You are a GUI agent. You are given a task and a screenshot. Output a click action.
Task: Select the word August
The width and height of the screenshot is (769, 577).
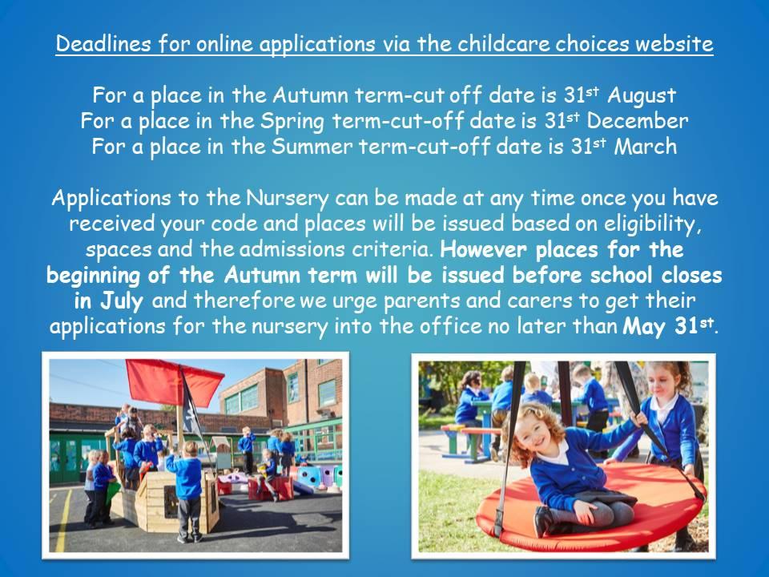tap(642, 95)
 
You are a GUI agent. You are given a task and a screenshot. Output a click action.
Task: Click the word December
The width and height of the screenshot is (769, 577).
tap(637, 121)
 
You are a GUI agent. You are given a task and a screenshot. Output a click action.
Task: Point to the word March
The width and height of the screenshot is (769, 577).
tap(646, 147)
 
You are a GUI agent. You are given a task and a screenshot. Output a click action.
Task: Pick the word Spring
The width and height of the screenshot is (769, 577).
tap(292, 122)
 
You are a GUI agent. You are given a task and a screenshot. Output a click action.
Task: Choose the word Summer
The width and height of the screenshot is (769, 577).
tap(312, 147)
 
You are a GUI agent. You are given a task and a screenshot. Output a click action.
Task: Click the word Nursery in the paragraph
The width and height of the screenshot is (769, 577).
tap(288, 199)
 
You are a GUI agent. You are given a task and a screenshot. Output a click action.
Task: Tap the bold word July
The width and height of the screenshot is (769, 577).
tap(122, 301)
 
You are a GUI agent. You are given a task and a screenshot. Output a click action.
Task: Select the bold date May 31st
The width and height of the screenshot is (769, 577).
tap(667, 326)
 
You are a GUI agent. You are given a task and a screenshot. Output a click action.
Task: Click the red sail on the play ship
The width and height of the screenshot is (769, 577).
tap(173, 382)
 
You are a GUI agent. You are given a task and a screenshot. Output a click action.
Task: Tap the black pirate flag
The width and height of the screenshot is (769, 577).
tap(192, 407)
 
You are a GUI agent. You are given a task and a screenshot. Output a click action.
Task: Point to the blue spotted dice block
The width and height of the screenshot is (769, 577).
tap(309, 476)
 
